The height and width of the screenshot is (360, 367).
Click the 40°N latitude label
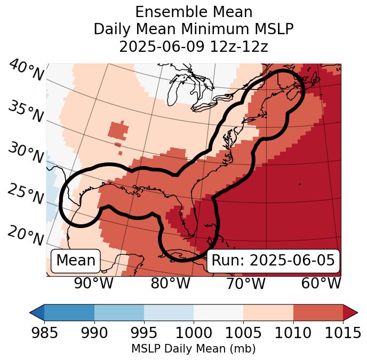[26, 71]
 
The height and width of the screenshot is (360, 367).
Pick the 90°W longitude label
[94, 284]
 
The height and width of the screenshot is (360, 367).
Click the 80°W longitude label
[170, 284]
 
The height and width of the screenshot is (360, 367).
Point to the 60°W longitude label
[321, 284]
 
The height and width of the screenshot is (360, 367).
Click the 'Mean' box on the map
[76, 261]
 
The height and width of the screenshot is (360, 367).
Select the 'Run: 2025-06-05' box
[273, 261]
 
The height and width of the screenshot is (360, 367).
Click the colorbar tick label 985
[45, 333]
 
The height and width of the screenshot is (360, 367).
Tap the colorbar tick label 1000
[194, 333]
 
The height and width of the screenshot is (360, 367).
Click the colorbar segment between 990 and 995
[119, 312]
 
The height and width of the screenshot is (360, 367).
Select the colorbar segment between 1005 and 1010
[268, 312]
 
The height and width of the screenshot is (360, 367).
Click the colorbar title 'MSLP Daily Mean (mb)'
[193, 349]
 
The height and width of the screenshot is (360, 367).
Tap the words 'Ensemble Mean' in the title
[193, 12]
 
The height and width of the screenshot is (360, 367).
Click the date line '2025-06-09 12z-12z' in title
[193, 46]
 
